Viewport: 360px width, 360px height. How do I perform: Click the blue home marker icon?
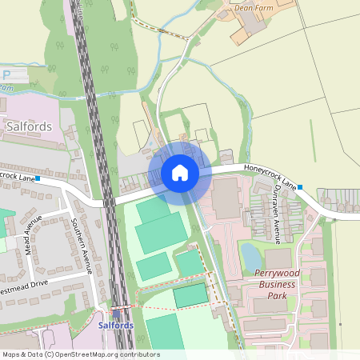pos(180,173)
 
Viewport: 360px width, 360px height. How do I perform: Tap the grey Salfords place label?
pos(29,126)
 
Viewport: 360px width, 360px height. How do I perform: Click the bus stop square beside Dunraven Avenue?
pos(300,187)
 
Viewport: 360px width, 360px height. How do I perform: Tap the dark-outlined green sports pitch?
pos(190,295)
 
